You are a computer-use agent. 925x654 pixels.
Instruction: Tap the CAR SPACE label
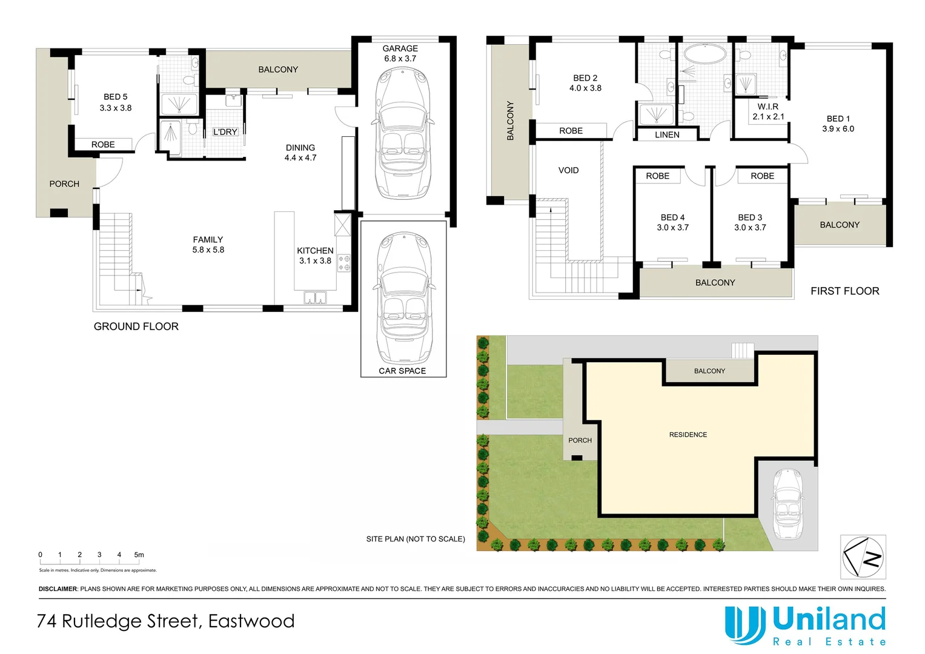(x=402, y=371)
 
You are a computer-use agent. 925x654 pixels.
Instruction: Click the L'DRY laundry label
(x=225, y=132)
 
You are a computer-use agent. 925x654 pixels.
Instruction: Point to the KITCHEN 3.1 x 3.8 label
(x=315, y=256)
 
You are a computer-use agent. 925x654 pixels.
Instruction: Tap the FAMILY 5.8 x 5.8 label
(x=208, y=245)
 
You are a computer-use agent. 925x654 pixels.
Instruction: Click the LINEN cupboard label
(x=667, y=135)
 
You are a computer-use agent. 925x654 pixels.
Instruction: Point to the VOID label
(x=568, y=170)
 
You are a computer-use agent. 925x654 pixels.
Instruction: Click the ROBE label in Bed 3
(x=762, y=176)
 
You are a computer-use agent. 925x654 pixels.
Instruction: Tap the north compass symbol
(x=863, y=557)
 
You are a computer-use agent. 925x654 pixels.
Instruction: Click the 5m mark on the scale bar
(x=139, y=555)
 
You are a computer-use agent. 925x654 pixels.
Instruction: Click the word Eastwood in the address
(x=251, y=621)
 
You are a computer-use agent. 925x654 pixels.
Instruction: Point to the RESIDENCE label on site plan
(x=688, y=435)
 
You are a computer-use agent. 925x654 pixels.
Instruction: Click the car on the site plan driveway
(x=787, y=504)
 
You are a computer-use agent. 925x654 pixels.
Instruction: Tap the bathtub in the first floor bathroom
(x=705, y=54)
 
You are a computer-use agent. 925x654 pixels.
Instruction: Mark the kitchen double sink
(x=315, y=297)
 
